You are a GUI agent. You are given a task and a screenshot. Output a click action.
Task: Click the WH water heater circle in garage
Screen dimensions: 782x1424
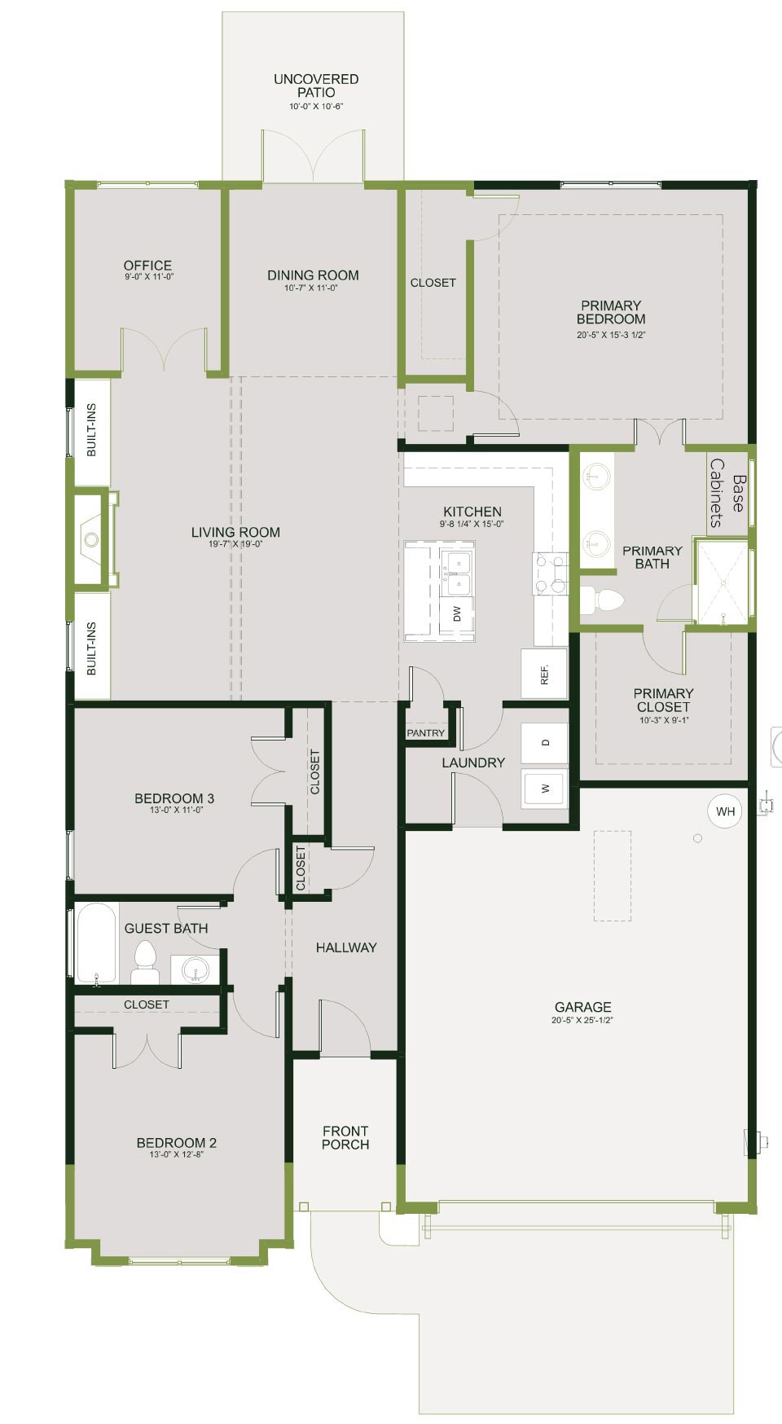coord(725,811)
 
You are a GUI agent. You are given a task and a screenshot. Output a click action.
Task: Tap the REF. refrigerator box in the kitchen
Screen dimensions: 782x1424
coord(544,674)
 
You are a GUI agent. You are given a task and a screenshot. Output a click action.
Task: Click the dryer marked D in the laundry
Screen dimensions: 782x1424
coord(545,743)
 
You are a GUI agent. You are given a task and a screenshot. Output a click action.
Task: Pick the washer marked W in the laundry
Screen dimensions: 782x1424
coord(545,789)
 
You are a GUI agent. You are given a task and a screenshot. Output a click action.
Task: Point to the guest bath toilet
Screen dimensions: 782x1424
coord(145,963)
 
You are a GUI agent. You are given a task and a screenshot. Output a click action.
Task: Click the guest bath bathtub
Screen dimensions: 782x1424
coord(97,943)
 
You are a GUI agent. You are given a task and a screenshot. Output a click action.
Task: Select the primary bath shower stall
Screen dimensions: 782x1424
coord(720,581)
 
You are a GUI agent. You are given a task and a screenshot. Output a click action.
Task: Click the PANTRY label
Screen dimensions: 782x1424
coord(426,733)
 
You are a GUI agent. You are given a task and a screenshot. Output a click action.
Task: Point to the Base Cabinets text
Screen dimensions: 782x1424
coord(727,493)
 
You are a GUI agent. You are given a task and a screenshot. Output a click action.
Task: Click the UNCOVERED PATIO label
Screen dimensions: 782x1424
coord(316,86)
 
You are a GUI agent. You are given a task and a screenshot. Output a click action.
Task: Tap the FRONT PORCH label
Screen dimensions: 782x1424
coord(345,1137)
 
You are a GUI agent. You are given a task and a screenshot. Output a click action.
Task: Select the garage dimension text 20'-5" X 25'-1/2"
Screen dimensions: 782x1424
coord(582,1020)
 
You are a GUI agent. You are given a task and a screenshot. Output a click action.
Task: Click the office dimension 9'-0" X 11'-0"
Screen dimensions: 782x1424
coord(147,277)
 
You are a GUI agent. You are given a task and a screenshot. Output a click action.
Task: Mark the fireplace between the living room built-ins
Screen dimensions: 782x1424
coord(92,538)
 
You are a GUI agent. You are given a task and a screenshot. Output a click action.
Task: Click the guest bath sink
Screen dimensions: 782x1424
coord(195,969)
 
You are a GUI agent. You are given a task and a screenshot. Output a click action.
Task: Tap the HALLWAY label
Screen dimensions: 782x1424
coord(346,947)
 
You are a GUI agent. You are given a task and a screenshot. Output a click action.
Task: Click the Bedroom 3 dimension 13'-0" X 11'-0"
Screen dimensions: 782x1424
coord(175,810)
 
